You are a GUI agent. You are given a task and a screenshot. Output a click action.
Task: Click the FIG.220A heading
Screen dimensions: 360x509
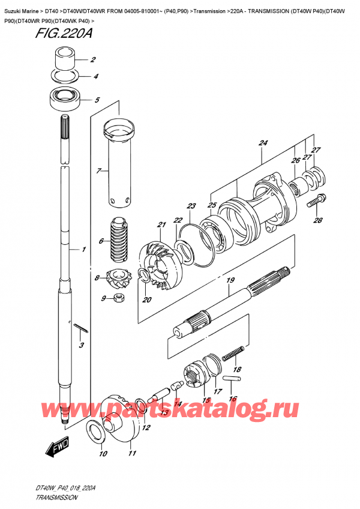[64, 34]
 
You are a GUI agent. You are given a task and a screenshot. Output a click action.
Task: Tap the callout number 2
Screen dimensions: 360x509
[93, 59]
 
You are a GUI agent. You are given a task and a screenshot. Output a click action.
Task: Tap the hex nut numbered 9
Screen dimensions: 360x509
[118, 297]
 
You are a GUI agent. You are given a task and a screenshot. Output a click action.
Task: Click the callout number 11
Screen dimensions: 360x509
[132, 453]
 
